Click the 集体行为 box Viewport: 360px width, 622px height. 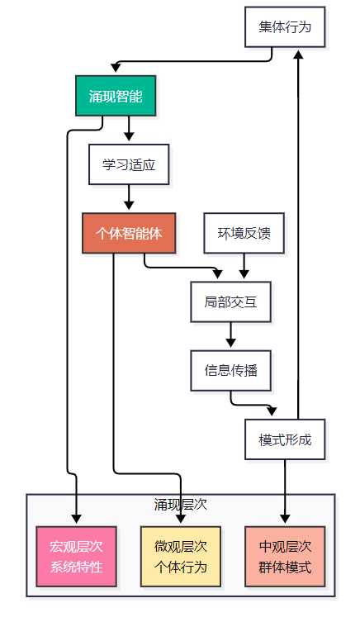point(285,27)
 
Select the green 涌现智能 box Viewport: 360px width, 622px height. point(116,96)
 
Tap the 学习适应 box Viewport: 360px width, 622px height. point(129,164)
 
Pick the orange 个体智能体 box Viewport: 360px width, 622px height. point(129,233)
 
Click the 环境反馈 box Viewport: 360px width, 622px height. point(244,233)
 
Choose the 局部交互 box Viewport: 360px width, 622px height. point(230,302)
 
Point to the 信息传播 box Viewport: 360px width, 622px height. point(230,371)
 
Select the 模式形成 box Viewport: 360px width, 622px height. point(285,439)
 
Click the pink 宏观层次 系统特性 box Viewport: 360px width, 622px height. point(76,557)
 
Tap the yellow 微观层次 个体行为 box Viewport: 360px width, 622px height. point(180,557)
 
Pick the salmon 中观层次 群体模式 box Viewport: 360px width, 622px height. point(285,557)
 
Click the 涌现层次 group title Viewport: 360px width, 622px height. point(180,504)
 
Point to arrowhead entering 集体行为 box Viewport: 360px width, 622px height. point(298,53)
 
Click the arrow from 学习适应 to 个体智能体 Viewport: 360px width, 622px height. point(129,197)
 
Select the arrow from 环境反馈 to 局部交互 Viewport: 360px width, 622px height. point(244,266)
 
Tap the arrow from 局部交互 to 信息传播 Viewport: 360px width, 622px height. point(230,335)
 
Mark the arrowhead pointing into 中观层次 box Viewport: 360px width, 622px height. point(285,519)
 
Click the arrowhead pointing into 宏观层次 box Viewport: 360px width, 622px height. point(76,519)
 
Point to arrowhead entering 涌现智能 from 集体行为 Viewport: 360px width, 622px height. point(116,69)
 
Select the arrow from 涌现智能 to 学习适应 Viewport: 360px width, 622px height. point(129,129)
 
